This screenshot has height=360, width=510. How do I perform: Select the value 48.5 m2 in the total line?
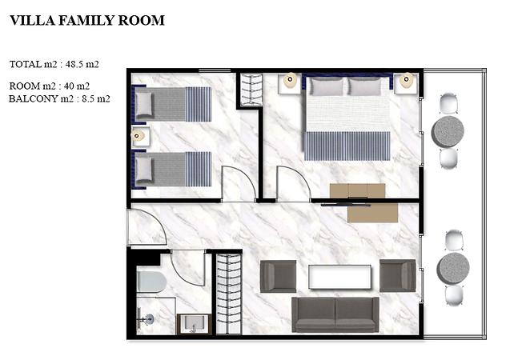click(82, 64)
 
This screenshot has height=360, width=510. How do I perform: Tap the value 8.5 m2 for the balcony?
click(95, 98)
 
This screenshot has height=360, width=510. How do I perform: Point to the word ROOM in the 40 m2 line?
click(25, 86)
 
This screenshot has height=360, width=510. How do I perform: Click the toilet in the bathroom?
click(151, 282)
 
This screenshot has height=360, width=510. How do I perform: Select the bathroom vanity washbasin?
click(194, 324)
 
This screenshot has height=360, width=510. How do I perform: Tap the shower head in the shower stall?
click(147, 319)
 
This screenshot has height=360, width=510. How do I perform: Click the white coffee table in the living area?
click(339, 277)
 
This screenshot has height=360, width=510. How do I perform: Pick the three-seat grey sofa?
click(335, 314)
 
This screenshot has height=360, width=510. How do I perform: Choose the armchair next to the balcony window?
click(397, 275)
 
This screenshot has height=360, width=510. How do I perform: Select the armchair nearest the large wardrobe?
click(279, 275)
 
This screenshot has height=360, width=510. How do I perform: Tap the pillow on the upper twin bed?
click(143, 104)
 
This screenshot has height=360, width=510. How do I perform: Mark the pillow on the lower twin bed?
click(143, 169)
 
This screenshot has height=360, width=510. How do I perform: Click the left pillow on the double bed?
click(326, 86)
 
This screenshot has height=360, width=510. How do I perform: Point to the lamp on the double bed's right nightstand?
click(406, 80)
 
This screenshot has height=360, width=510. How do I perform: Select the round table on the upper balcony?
click(448, 132)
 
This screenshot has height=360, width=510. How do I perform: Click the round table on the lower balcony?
click(453, 268)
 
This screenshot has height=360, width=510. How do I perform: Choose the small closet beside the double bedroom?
click(251, 90)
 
